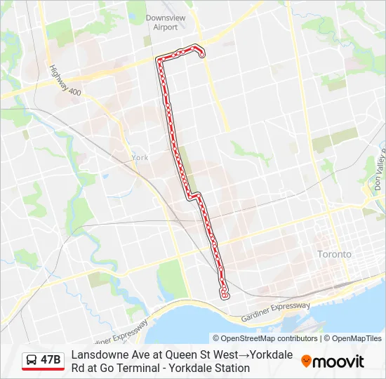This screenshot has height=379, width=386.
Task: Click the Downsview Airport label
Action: point(161,22)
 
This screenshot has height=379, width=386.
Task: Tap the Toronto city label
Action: point(334,254)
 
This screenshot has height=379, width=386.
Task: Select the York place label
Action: point(140,158)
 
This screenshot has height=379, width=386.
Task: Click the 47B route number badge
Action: point(51,361)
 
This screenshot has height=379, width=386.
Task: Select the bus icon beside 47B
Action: point(32,361)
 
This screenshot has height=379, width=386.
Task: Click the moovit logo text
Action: point(338,361)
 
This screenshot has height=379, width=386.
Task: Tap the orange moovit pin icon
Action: point(306,361)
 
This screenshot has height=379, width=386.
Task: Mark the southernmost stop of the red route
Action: point(225,296)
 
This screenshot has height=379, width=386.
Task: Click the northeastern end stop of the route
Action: point(203,55)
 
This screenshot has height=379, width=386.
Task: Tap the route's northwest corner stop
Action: point(159,60)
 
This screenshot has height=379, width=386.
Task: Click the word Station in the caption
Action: point(232,368)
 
